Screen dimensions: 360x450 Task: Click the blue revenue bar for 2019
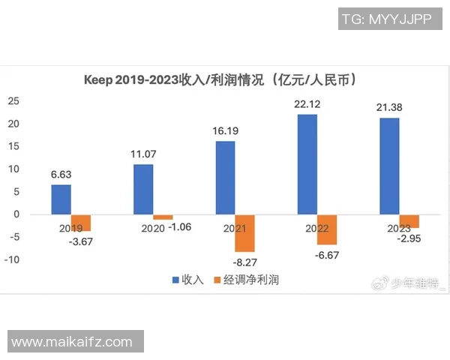click(x=61, y=199)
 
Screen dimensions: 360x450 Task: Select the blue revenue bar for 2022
click(x=307, y=164)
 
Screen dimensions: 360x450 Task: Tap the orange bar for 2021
click(x=245, y=233)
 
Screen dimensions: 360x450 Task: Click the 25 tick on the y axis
click(x=13, y=101)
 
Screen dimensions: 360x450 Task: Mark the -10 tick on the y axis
click(x=11, y=260)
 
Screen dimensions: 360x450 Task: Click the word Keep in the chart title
click(x=98, y=79)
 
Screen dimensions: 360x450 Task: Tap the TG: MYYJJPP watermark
click(x=386, y=19)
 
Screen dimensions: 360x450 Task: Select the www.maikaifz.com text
click(x=72, y=342)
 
